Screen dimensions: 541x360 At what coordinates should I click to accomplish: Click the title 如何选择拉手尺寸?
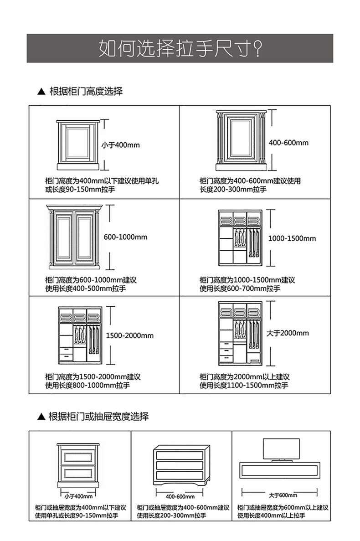[180, 48]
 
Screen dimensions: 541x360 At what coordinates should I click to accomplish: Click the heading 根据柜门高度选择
[86, 91]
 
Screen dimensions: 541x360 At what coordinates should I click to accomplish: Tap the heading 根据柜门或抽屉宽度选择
[98, 416]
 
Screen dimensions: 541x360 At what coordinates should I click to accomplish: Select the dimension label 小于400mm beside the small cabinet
[120, 145]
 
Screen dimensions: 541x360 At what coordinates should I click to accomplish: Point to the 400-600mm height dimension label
[288, 143]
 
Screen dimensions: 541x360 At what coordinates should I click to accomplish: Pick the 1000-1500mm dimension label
[292, 238]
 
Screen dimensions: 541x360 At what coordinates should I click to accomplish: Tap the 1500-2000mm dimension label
[130, 335]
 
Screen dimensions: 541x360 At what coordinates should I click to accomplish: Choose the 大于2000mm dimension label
[288, 333]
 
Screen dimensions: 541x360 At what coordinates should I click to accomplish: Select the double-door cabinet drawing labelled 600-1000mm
[73, 239]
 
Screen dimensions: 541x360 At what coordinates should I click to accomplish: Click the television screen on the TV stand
[281, 449]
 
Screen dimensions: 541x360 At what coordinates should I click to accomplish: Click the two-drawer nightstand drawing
[78, 467]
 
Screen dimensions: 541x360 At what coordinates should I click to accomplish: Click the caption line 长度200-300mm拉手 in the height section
[233, 190]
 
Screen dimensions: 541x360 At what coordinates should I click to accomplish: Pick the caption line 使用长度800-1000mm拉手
[87, 386]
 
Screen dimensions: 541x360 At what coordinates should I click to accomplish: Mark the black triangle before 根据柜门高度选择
[41, 92]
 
